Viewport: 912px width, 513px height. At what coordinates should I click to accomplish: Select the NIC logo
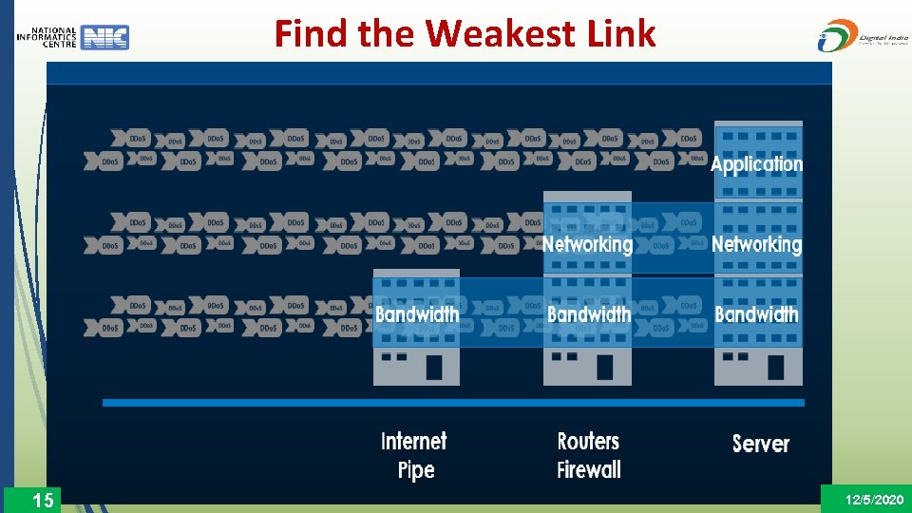[104, 37]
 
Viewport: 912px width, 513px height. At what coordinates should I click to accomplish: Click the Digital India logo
[859, 35]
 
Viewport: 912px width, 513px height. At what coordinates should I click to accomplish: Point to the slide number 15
[43, 500]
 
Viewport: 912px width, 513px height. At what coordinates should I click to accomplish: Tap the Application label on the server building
[757, 164]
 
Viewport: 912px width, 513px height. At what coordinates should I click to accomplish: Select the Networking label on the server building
[757, 244]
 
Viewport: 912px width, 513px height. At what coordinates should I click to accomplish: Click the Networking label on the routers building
[587, 244]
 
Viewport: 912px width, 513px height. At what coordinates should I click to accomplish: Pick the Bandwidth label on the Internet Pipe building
[416, 313]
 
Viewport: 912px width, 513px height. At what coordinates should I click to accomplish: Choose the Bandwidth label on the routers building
[588, 313]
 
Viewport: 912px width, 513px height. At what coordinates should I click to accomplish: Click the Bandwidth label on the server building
[757, 313]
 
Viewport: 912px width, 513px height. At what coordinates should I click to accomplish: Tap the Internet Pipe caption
[414, 455]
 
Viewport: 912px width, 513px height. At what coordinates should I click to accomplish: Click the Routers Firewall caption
[589, 455]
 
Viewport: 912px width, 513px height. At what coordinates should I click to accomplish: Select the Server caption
[760, 444]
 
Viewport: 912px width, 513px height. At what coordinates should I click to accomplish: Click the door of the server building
[776, 367]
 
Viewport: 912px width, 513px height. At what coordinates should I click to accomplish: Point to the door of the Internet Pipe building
[434, 367]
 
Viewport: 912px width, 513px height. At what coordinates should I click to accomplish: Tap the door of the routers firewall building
[605, 367]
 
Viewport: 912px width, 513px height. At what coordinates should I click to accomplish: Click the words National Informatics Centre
[47, 37]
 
